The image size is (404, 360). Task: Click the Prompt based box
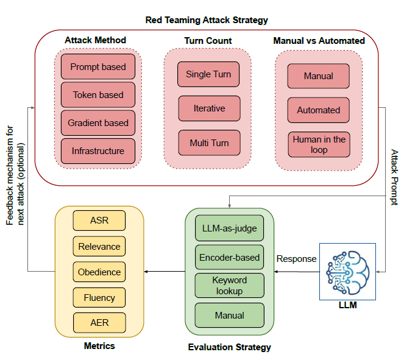click(x=97, y=67)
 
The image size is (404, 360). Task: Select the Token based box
click(x=97, y=95)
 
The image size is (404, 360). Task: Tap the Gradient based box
click(x=97, y=123)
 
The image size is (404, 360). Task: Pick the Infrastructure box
click(x=97, y=151)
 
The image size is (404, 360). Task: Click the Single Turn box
click(x=208, y=75)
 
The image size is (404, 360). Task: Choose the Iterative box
click(x=208, y=108)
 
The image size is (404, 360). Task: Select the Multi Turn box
click(x=208, y=143)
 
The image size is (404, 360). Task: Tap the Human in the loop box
click(x=319, y=144)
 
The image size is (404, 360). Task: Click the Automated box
click(x=319, y=110)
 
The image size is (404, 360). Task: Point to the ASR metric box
click(x=99, y=221)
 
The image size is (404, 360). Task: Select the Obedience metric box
click(x=99, y=272)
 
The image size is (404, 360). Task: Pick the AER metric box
click(x=99, y=323)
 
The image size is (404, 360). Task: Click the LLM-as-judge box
click(x=229, y=229)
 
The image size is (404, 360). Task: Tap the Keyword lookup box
click(x=229, y=286)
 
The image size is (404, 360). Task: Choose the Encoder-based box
click(x=229, y=258)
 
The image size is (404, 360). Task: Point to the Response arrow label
click(x=297, y=259)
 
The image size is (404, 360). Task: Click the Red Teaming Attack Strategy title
click(x=207, y=20)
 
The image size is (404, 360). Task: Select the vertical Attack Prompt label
click(x=394, y=177)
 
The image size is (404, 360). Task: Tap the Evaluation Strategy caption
click(x=230, y=347)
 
